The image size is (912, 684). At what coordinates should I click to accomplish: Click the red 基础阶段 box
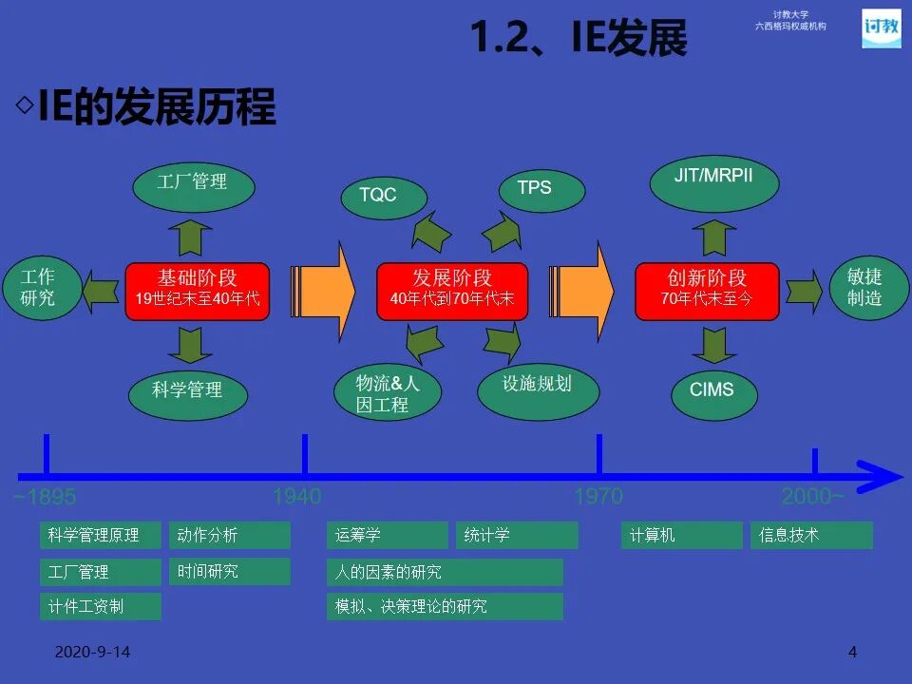[197, 290]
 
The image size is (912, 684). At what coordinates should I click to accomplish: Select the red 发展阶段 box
[451, 290]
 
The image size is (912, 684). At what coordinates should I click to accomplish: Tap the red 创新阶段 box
[707, 290]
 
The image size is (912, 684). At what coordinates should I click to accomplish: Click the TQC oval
[378, 195]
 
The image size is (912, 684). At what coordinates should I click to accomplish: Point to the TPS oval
[534, 188]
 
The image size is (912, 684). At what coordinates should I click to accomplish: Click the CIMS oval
[712, 389]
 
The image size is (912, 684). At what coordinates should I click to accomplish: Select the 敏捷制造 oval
[864, 288]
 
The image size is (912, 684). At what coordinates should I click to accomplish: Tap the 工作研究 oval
[39, 288]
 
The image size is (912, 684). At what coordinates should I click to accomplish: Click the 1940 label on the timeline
[297, 496]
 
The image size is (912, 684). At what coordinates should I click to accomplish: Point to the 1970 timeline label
[598, 496]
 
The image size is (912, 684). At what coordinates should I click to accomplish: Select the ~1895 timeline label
[45, 497]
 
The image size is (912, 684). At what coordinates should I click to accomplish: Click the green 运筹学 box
[387, 536]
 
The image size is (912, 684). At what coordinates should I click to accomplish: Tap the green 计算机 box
[681, 536]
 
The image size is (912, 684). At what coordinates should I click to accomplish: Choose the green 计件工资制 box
[101, 606]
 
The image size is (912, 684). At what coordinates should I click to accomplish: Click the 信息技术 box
[811, 536]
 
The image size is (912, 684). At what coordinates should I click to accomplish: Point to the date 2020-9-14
[92, 653]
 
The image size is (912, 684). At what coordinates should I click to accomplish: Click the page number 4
[852, 652]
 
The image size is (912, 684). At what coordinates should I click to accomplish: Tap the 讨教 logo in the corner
[881, 28]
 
